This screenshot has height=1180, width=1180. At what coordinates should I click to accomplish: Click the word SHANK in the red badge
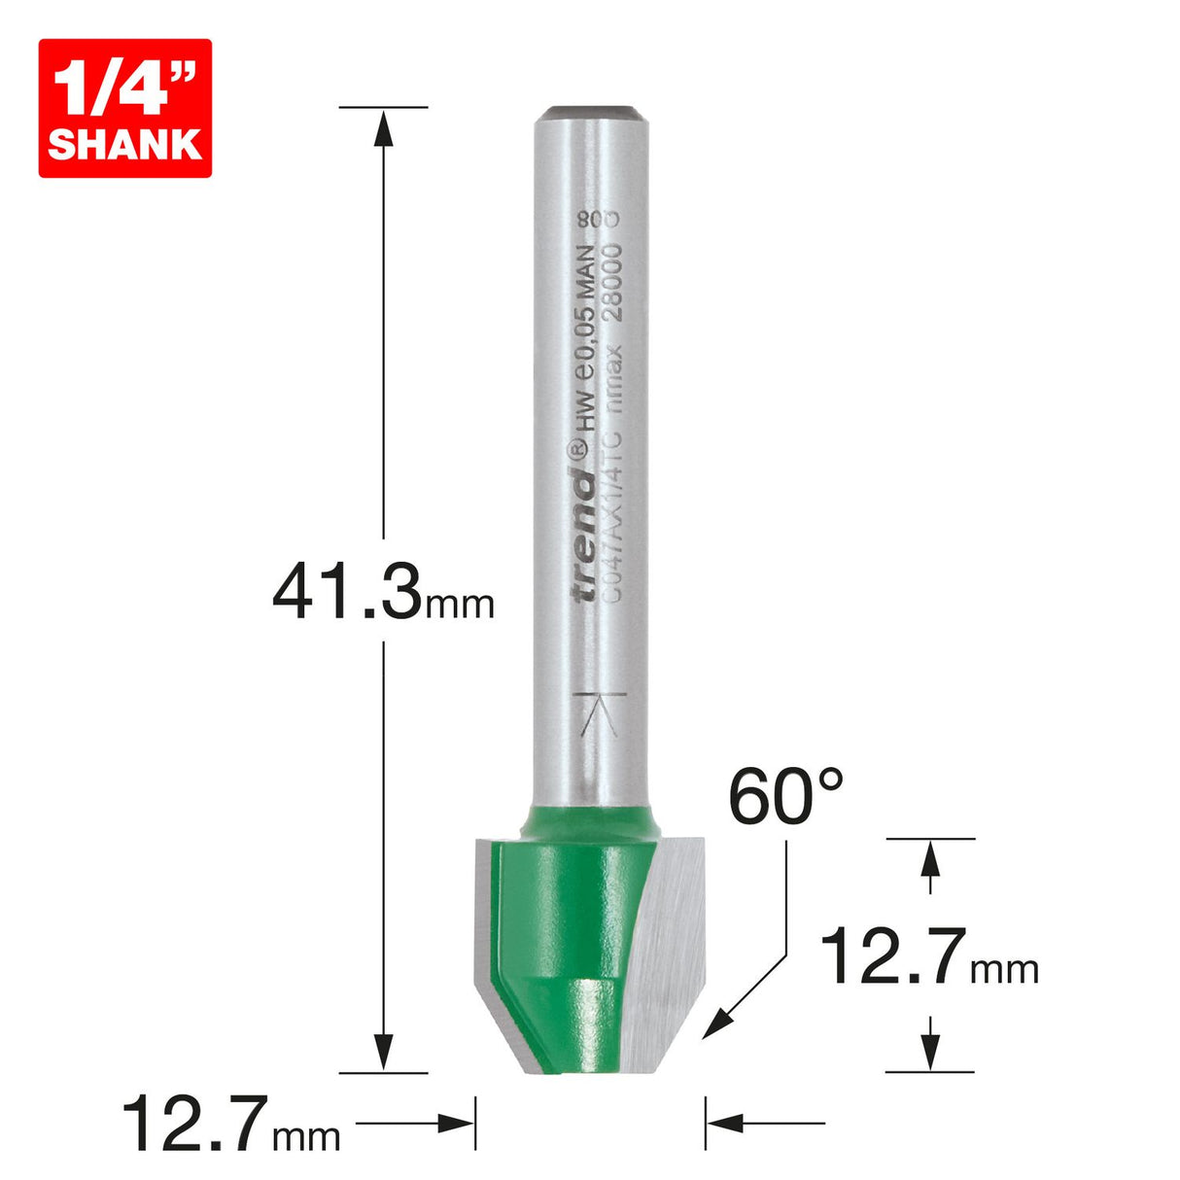(x=124, y=144)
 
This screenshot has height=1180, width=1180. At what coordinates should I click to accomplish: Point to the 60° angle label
(x=785, y=798)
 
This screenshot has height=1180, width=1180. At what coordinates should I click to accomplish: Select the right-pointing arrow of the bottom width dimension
(x=457, y=1125)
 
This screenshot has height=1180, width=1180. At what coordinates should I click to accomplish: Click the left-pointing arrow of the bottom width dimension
(x=725, y=1125)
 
